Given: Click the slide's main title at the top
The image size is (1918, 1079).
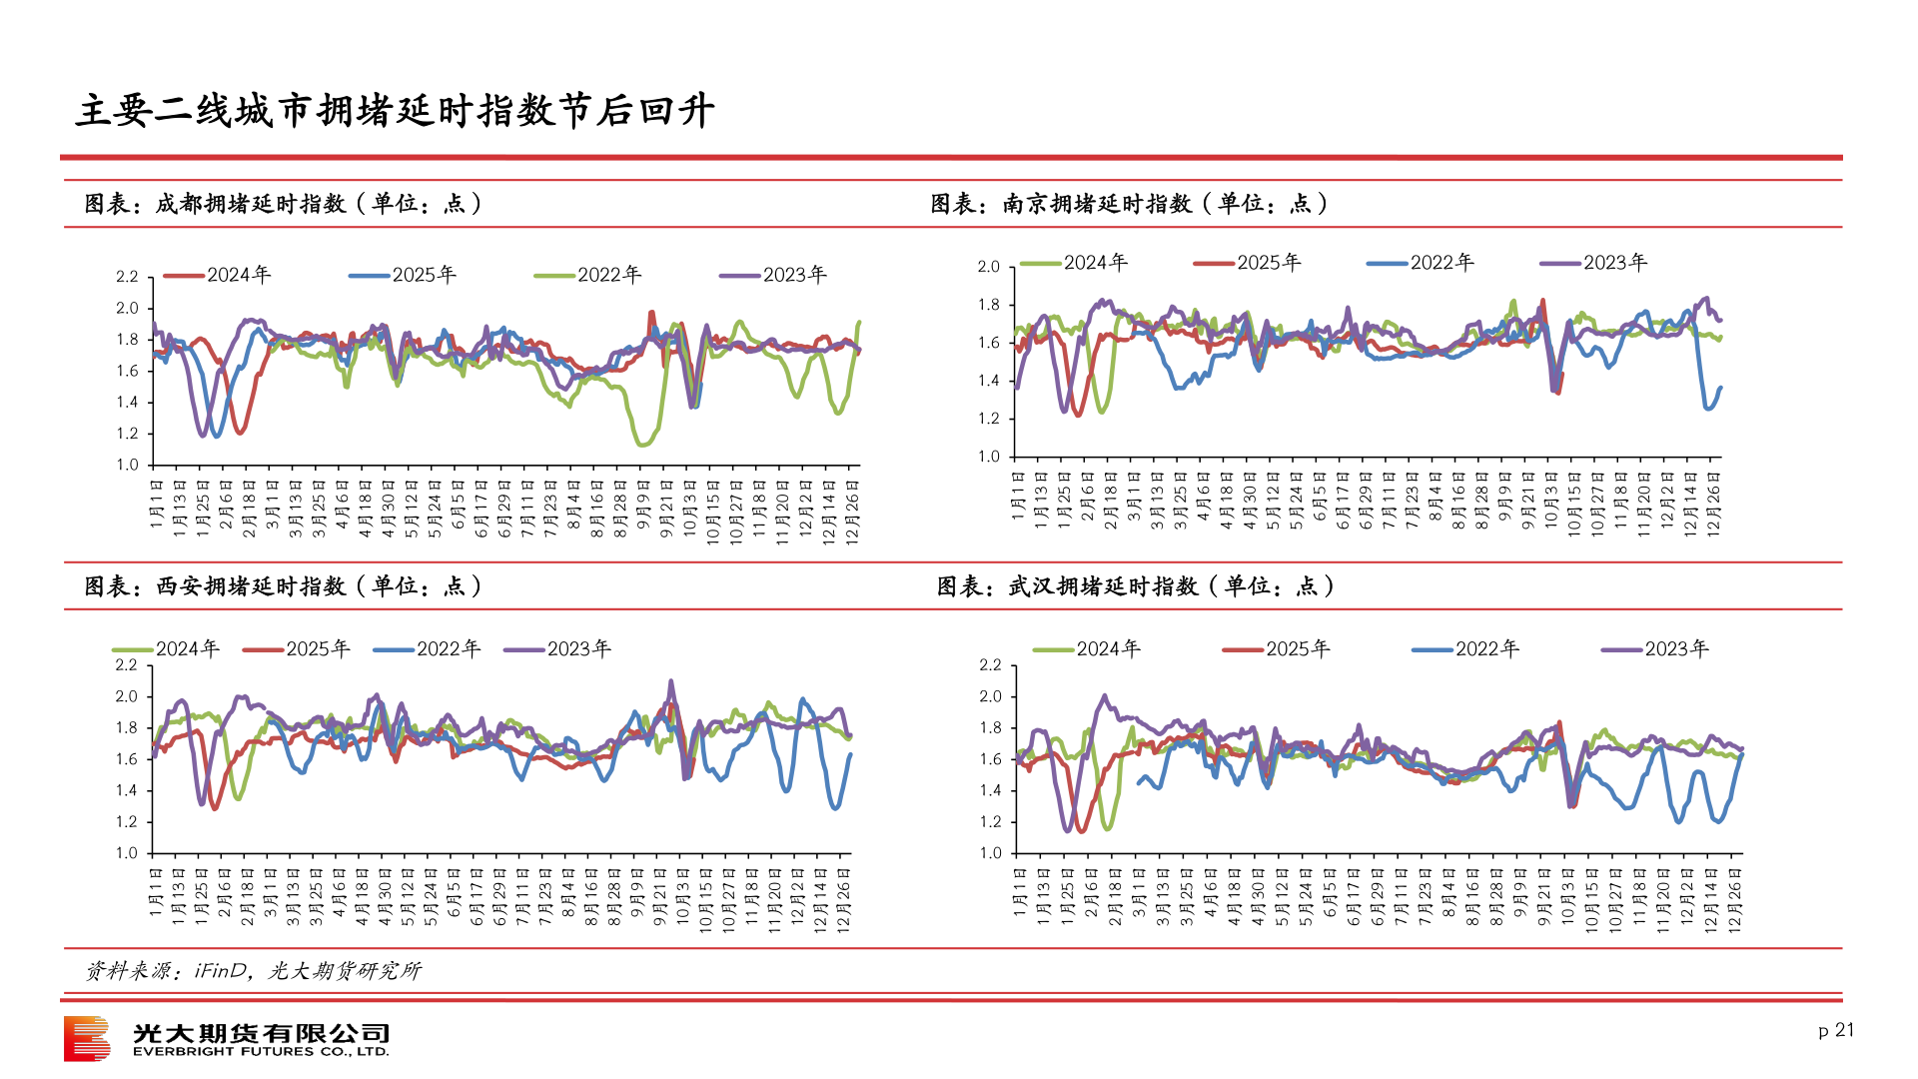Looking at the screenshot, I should [395, 110].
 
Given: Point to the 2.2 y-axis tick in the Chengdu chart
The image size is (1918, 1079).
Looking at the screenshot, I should [127, 277].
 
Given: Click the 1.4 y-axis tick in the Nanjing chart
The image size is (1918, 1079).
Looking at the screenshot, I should [988, 381].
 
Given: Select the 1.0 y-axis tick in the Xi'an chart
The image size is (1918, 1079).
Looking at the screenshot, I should [127, 853].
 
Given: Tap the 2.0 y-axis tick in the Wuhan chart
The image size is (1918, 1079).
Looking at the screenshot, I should [990, 696].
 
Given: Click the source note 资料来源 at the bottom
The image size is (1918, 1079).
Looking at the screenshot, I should [253, 971].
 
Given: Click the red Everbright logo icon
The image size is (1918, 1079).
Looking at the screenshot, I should [87, 1038].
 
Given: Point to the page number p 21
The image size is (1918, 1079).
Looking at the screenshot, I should [1836, 1030].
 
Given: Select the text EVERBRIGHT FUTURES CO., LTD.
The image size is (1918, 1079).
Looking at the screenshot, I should [261, 1052].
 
